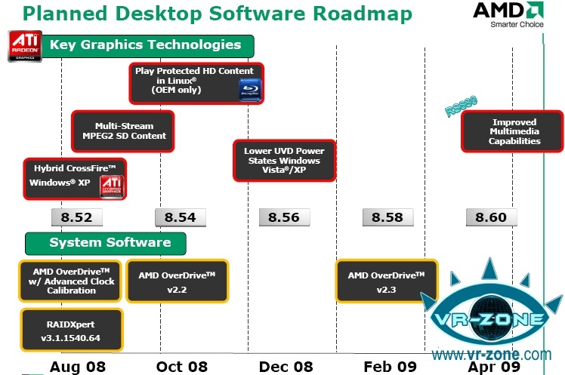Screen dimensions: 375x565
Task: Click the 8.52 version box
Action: click(76, 217)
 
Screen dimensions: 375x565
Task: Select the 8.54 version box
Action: click(180, 217)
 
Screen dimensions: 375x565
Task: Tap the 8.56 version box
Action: click(284, 217)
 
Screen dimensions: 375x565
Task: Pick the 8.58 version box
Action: click(388, 217)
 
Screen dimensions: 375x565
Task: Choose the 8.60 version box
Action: click(492, 217)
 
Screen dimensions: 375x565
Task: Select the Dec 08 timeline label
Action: click(285, 366)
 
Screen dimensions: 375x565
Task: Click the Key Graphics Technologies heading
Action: click(145, 45)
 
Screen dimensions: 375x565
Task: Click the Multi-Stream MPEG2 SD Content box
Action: click(124, 131)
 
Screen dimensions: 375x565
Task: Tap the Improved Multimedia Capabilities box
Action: click(514, 131)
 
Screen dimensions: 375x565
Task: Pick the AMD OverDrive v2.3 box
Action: click(387, 281)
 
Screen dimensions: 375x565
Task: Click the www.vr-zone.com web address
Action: click(492, 353)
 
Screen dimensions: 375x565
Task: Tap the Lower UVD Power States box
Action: click(282, 161)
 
